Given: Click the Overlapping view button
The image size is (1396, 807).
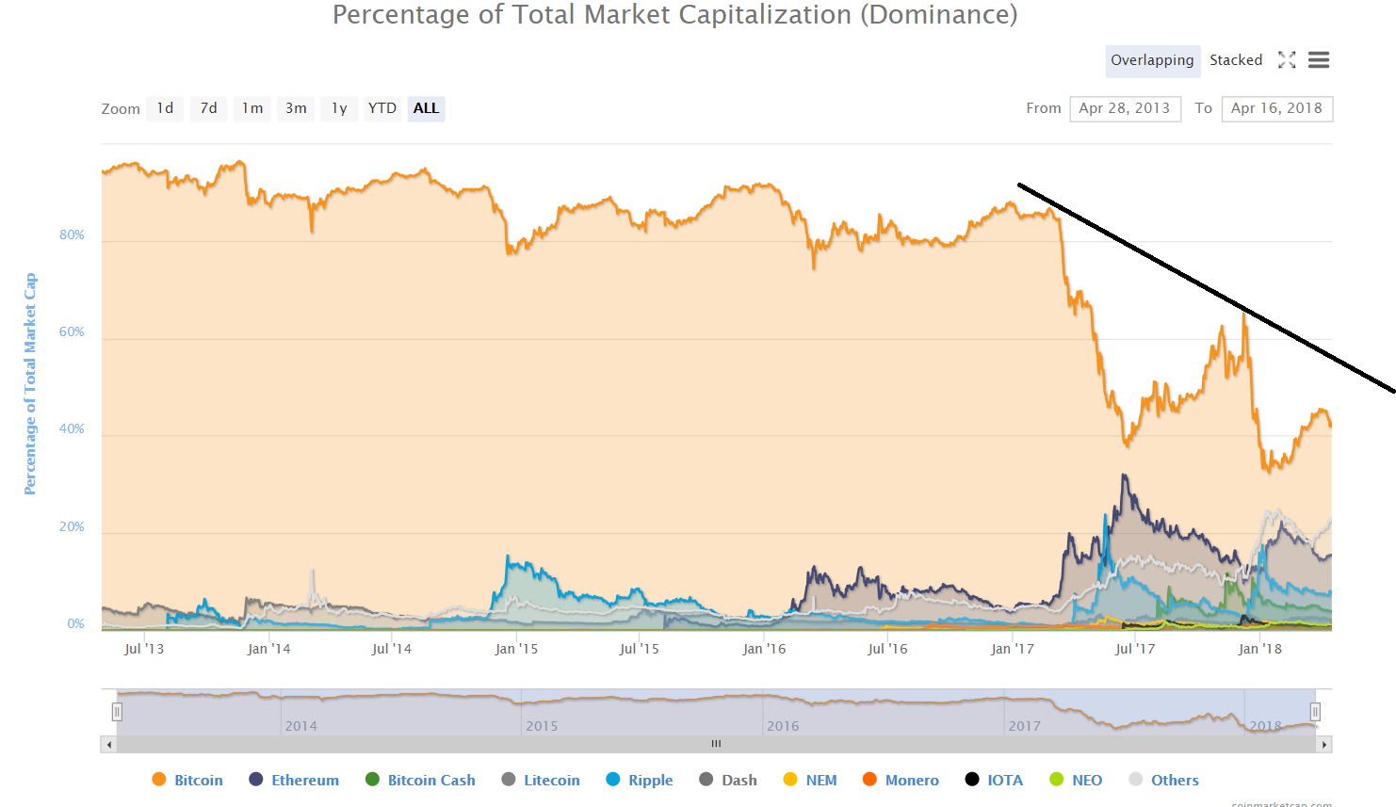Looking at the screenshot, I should pyautogui.click(x=1152, y=60).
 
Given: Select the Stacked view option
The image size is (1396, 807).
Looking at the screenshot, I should pyautogui.click(x=1236, y=60).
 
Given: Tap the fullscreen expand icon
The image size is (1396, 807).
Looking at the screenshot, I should pyautogui.click(x=1287, y=60).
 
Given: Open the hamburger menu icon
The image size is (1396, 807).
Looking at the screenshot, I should pyautogui.click(x=1319, y=60).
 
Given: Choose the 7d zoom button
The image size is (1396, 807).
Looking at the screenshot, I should pyautogui.click(x=208, y=108).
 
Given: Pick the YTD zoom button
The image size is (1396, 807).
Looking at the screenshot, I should pyautogui.click(x=381, y=108).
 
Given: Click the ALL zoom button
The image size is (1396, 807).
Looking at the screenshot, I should pyautogui.click(x=426, y=108).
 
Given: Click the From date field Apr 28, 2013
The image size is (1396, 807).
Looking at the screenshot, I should pyautogui.click(x=1125, y=108).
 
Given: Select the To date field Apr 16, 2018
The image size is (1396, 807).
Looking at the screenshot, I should pyautogui.click(x=1276, y=108).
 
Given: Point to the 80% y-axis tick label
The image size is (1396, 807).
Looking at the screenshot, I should pyautogui.click(x=73, y=234).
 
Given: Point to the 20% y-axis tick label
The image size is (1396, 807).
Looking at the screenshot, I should pyautogui.click(x=73, y=526).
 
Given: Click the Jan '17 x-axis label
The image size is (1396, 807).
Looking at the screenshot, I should pyautogui.click(x=1012, y=649).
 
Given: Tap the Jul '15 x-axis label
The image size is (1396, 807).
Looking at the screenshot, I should pyautogui.click(x=639, y=649).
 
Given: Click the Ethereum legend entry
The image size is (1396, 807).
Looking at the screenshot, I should pyautogui.click(x=304, y=780).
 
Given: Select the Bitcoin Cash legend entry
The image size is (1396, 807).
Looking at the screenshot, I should pyautogui.click(x=430, y=780).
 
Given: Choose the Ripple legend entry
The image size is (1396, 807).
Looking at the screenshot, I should pyautogui.click(x=650, y=780).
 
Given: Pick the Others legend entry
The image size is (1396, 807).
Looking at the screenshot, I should pyautogui.click(x=1174, y=780).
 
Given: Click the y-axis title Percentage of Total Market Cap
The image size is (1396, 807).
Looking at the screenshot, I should pyautogui.click(x=30, y=383).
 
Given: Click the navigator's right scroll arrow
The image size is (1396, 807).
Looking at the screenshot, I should pyautogui.click(x=1324, y=744).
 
